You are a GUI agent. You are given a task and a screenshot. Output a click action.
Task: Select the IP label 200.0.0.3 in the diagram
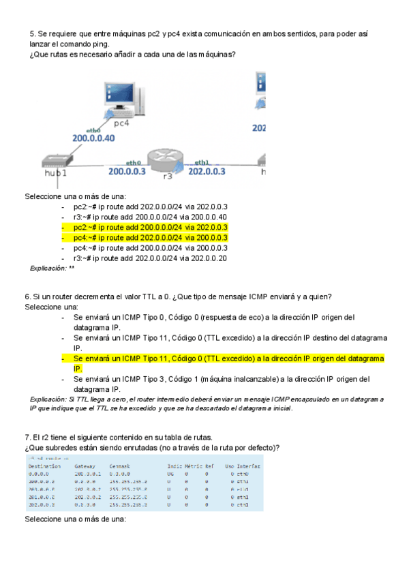tap(127, 171)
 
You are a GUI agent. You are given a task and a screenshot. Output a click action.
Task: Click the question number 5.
tap(32, 33)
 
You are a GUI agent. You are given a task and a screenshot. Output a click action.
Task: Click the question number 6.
tap(27, 296)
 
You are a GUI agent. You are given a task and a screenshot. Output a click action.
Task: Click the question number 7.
tap(27, 436)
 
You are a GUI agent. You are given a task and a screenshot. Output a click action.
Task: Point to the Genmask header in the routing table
tap(120, 466)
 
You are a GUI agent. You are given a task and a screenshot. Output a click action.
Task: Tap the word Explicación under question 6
tap(49, 399)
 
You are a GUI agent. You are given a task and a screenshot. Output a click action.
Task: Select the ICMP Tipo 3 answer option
tap(222, 379)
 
